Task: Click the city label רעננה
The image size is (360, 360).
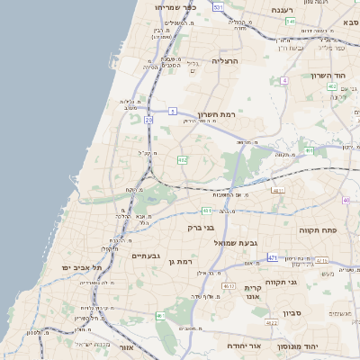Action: (x=289, y=9)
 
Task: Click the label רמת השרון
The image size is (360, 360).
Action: (x=217, y=114)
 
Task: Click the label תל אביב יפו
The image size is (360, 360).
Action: (x=82, y=268)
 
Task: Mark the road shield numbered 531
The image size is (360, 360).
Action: (x=219, y=6)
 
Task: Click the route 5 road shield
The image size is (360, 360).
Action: (x=197, y=103)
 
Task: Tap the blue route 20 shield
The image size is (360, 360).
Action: (x=149, y=119)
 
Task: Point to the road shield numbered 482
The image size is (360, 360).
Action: (x=183, y=159)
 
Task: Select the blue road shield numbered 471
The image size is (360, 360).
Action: (x=273, y=257)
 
